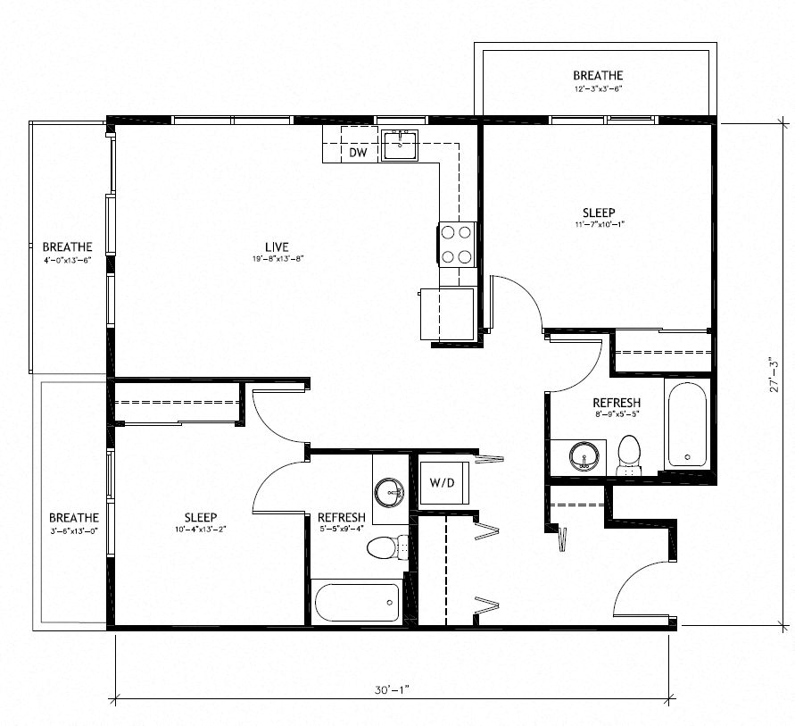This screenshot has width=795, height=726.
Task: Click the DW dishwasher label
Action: [358, 153]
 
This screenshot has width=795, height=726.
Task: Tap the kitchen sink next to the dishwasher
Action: [400, 145]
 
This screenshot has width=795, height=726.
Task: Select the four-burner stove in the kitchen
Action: [455, 245]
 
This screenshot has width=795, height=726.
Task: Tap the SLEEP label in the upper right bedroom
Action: [599, 212]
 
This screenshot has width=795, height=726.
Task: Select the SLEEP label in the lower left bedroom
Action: [201, 517]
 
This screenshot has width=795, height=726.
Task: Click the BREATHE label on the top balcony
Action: [598, 76]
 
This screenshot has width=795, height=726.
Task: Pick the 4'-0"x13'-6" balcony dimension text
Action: [68, 261]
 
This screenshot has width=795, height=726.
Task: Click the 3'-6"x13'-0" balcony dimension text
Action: [73, 530]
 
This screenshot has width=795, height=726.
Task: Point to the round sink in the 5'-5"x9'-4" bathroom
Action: [390, 492]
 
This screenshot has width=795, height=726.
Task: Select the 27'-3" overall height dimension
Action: [774, 375]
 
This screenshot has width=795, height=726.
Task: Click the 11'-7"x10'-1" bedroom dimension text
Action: [599, 224]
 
